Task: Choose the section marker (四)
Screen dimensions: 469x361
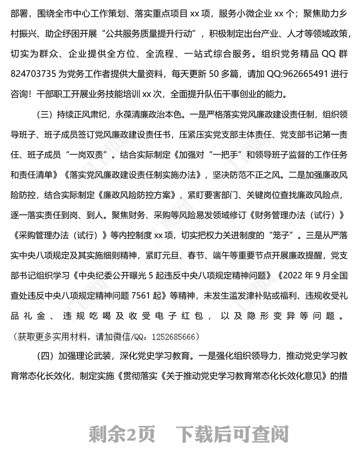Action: click(43, 358)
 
